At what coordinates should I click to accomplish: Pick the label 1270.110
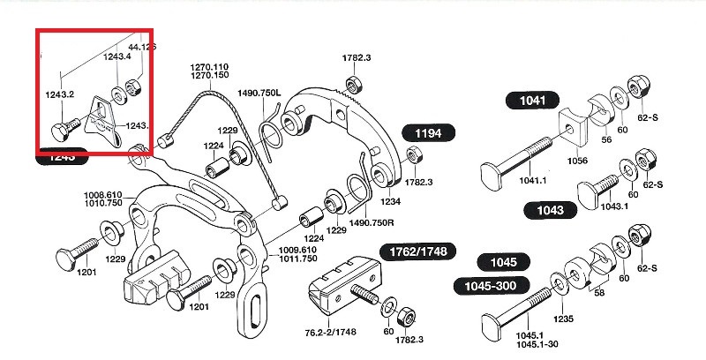(208, 67)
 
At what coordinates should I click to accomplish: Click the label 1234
(391, 201)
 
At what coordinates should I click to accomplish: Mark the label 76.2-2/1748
(332, 333)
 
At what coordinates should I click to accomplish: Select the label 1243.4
(116, 57)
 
